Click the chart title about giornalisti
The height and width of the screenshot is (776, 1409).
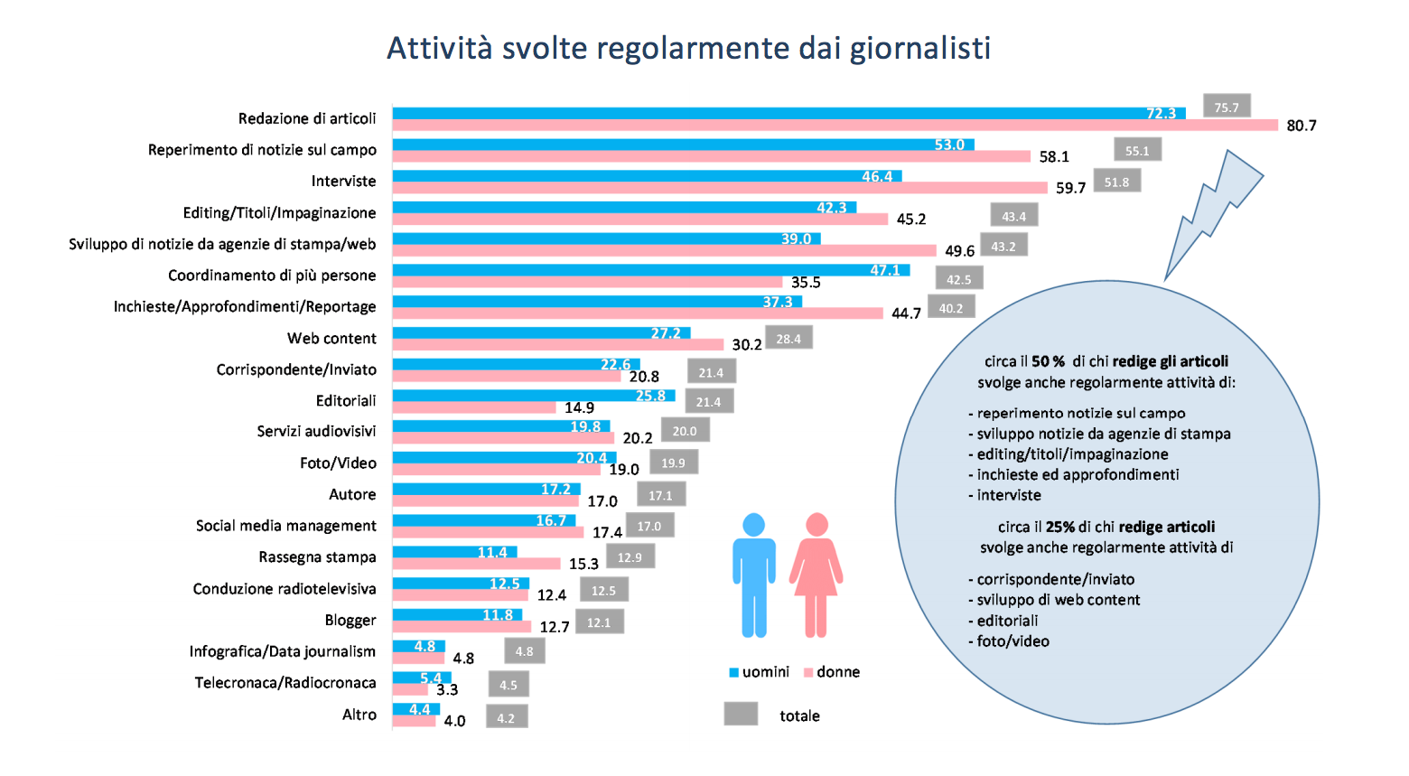click(688, 48)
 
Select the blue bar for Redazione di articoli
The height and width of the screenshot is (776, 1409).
click(777, 114)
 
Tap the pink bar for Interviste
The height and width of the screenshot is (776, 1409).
click(720, 188)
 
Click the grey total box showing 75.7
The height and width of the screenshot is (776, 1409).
click(1227, 107)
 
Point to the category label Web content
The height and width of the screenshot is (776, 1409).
click(331, 339)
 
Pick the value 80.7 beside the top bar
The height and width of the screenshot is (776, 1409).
click(1301, 126)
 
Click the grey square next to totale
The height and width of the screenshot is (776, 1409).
click(741, 715)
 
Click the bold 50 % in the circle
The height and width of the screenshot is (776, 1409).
click(1048, 361)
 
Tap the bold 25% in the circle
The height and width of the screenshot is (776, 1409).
click(1060, 527)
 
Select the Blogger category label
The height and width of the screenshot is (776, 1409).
click(350, 621)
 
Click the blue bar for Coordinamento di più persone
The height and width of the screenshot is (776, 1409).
click(650, 270)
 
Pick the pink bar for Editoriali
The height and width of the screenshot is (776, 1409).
click(473, 407)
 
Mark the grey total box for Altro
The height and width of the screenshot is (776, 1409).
click(506, 718)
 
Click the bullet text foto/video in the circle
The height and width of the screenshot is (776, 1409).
click(1012, 641)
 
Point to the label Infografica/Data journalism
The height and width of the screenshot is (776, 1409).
click(283, 651)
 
